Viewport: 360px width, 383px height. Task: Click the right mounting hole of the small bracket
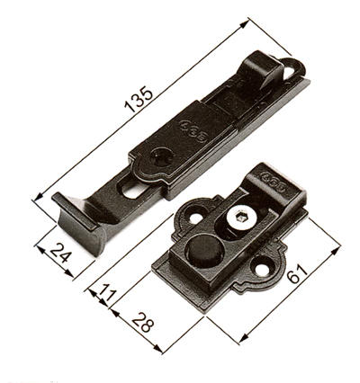(262, 268)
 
